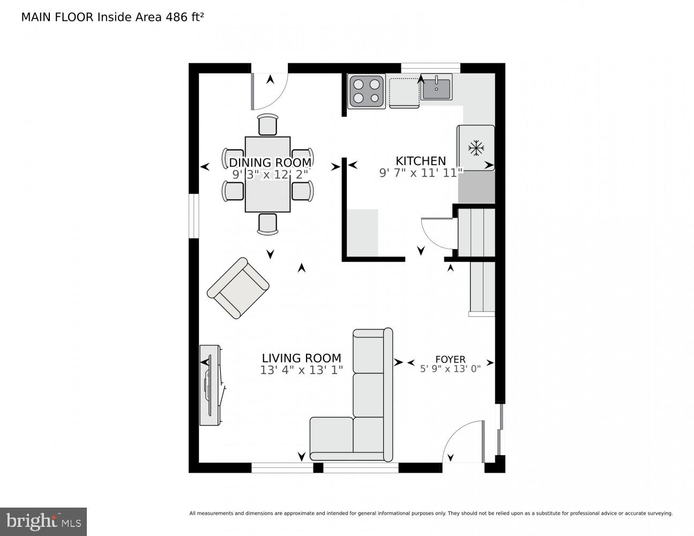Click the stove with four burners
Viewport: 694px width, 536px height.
pyautogui.click(x=366, y=91)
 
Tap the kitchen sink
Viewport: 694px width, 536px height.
pyautogui.click(x=436, y=87)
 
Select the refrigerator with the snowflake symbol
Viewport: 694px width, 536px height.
pyautogui.click(x=475, y=148)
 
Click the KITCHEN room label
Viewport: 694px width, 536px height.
pyautogui.click(x=420, y=161)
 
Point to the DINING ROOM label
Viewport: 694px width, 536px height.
pyautogui.click(x=270, y=162)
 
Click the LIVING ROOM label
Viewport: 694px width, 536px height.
pyautogui.click(x=301, y=358)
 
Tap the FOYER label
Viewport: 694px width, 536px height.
pyautogui.click(x=450, y=359)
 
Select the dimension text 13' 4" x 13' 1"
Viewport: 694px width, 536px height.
pyautogui.click(x=301, y=370)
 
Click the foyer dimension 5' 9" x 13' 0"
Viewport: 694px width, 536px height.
pyautogui.click(x=450, y=368)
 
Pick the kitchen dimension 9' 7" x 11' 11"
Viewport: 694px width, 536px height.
pyautogui.click(x=420, y=173)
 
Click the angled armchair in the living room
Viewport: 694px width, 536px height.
pyautogui.click(x=238, y=288)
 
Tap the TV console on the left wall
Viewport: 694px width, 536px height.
pyautogui.click(x=210, y=385)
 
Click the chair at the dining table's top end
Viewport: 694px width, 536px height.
pyautogui.click(x=267, y=125)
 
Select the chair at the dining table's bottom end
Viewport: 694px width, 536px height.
pyautogui.click(x=267, y=224)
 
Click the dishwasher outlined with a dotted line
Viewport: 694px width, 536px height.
pyautogui.click(x=404, y=92)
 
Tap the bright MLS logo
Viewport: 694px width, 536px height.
pyautogui.click(x=43, y=521)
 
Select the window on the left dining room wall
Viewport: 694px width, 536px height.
pyautogui.click(x=193, y=215)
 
